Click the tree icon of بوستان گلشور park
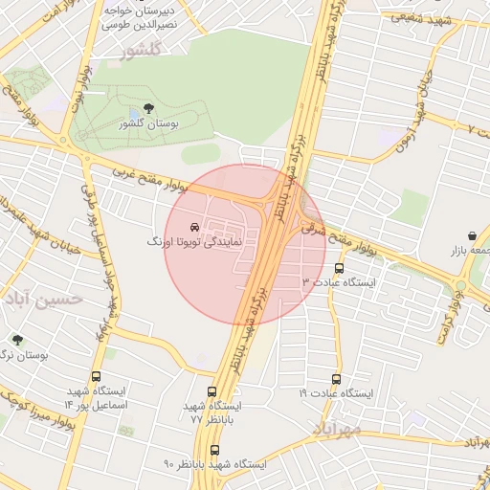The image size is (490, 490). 146,109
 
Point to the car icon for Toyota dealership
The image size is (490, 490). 194,228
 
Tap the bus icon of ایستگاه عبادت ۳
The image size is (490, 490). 339,268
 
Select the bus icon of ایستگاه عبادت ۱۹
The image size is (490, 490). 335,379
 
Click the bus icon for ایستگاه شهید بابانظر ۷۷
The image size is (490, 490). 212,391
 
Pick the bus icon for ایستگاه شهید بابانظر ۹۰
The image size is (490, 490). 212,449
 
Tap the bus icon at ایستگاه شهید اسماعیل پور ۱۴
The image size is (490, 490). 96,377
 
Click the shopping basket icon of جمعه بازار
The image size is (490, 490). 473,235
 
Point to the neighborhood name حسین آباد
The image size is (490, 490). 43,301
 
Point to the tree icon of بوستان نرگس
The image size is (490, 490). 16,339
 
